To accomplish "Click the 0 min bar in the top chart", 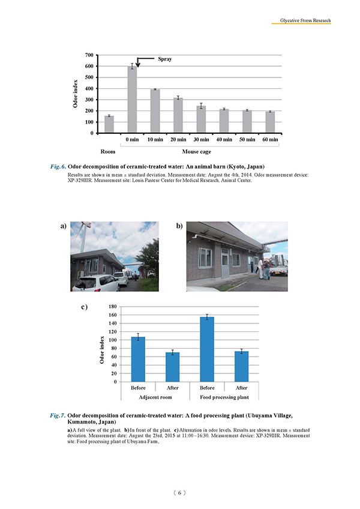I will click(132, 100).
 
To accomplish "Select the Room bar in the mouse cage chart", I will click(109, 124).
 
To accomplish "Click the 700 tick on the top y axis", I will click(88, 55).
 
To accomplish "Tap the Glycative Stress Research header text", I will click(301, 20).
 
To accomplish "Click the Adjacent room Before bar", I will click(137, 359).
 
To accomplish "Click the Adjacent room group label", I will click(155, 397).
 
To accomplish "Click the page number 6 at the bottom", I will click(179, 492).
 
